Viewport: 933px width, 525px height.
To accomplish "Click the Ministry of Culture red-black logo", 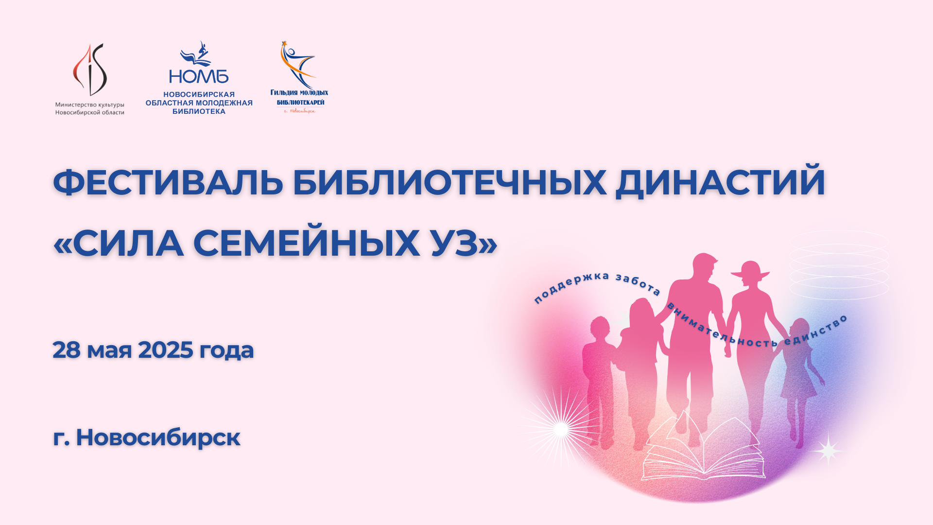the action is coord(90,70).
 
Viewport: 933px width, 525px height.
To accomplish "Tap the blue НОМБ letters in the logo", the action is coord(199,76).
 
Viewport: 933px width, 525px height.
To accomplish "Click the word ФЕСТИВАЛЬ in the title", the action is coord(168,183).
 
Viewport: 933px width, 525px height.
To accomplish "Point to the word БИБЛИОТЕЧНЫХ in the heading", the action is coord(449,183).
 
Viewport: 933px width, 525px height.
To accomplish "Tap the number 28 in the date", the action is coord(66,350).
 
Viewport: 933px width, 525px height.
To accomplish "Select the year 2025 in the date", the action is coord(166,350).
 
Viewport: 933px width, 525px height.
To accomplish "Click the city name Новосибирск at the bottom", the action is coord(158,437).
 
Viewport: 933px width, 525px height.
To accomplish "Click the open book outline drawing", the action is coord(703,450).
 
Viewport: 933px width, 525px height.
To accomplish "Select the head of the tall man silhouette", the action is coord(704,267).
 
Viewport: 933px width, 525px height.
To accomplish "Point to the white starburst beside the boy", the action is coord(561,430).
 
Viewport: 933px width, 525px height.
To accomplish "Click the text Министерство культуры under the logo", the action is coord(90,105).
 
